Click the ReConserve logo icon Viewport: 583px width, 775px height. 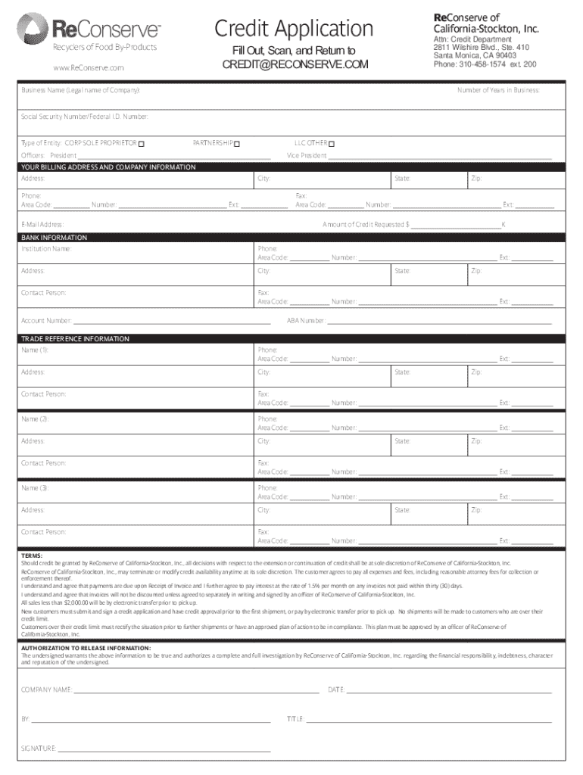pyautogui.click(x=33, y=28)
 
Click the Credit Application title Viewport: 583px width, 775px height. pyautogui.click(x=294, y=29)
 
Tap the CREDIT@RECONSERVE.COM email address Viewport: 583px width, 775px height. pyautogui.click(x=295, y=65)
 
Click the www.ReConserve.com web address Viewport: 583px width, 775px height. pyautogui.click(x=88, y=68)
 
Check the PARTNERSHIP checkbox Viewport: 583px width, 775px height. pyautogui.click(x=237, y=144)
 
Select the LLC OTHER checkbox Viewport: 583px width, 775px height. pyautogui.click(x=332, y=144)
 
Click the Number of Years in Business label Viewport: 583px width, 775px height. pyautogui.click(x=497, y=90)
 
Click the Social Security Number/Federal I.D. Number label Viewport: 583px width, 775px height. pyautogui.click(x=85, y=117)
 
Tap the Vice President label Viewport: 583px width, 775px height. pyautogui.click(x=307, y=155)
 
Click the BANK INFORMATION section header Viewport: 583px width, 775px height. pyautogui.click(x=54, y=238)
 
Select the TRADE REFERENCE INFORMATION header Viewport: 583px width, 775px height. pyautogui.click(x=75, y=338)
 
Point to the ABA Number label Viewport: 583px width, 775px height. pyautogui.click(x=305, y=321)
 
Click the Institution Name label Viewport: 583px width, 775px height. pyautogui.click(x=47, y=248)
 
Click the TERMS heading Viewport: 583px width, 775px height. pyautogui.click(x=32, y=556)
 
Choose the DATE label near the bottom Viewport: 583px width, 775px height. pyautogui.click(x=336, y=690)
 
